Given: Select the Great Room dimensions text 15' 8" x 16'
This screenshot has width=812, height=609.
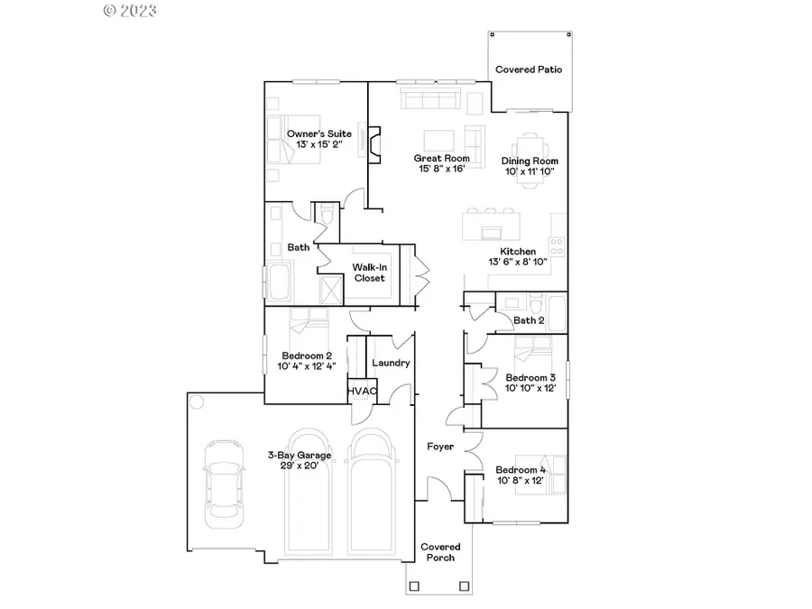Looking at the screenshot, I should point(442,169).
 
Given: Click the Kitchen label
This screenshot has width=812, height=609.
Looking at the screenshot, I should point(518,252).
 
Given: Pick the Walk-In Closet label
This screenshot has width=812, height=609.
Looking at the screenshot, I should point(369,272).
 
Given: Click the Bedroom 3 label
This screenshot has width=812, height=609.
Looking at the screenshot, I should point(530,377).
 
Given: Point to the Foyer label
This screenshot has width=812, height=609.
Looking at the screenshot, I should point(440,447).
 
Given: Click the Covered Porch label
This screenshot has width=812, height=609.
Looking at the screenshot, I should point(441,552).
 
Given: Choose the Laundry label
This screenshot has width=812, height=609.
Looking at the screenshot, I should point(391,363).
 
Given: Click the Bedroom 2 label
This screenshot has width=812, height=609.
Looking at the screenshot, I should point(307,355).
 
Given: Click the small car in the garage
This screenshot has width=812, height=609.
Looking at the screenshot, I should point(222,484).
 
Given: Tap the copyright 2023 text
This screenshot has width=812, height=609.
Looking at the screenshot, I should point(130,11).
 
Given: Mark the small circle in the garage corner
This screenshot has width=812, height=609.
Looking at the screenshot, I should point(198,401).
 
